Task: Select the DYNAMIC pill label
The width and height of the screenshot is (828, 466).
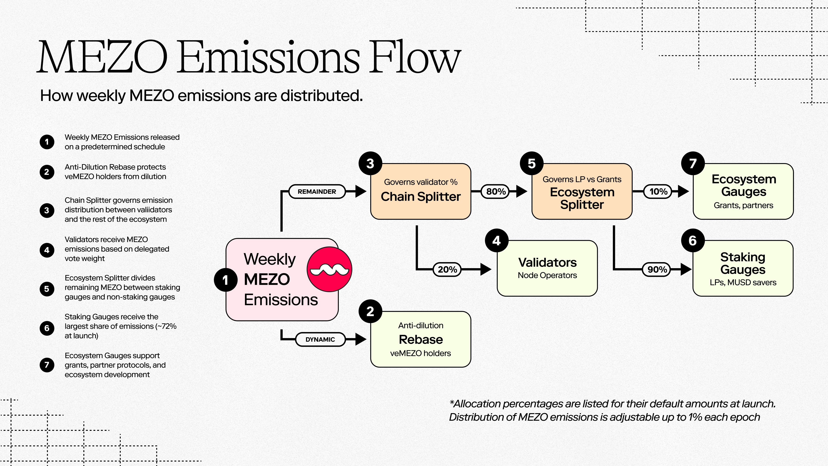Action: (320, 340)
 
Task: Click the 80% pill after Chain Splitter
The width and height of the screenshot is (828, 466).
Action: (496, 192)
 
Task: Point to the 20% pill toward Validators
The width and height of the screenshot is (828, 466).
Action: (447, 269)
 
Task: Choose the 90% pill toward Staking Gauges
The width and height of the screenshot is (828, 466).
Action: (657, 269)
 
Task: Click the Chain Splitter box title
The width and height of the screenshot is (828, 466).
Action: (420, 197)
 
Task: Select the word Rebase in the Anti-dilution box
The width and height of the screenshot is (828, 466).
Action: (420, 340)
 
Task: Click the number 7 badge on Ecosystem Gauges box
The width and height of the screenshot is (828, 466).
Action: (693, 163)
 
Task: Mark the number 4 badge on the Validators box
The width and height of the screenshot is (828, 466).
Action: (496, 241)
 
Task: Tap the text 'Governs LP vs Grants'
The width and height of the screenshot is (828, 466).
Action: (582, 179)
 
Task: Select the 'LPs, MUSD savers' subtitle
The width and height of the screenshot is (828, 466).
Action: (743, 283)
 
